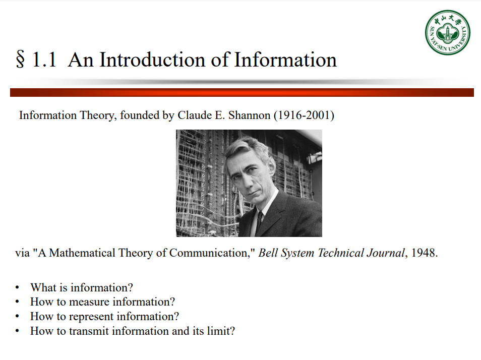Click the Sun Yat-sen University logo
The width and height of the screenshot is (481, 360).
point(448,32)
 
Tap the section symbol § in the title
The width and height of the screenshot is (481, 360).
point(20,60)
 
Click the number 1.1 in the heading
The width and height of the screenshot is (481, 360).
point(44,60)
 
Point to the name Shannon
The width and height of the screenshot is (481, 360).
point(249,115)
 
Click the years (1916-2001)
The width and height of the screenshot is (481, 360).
point(304,115)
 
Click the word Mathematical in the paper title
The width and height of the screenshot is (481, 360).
point(82,253)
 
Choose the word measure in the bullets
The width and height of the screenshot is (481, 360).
point(89,302)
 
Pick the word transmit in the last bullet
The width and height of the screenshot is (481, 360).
point(89,331)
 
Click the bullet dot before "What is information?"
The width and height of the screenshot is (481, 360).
point(17,288)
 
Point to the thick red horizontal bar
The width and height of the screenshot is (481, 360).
point(242,93)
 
